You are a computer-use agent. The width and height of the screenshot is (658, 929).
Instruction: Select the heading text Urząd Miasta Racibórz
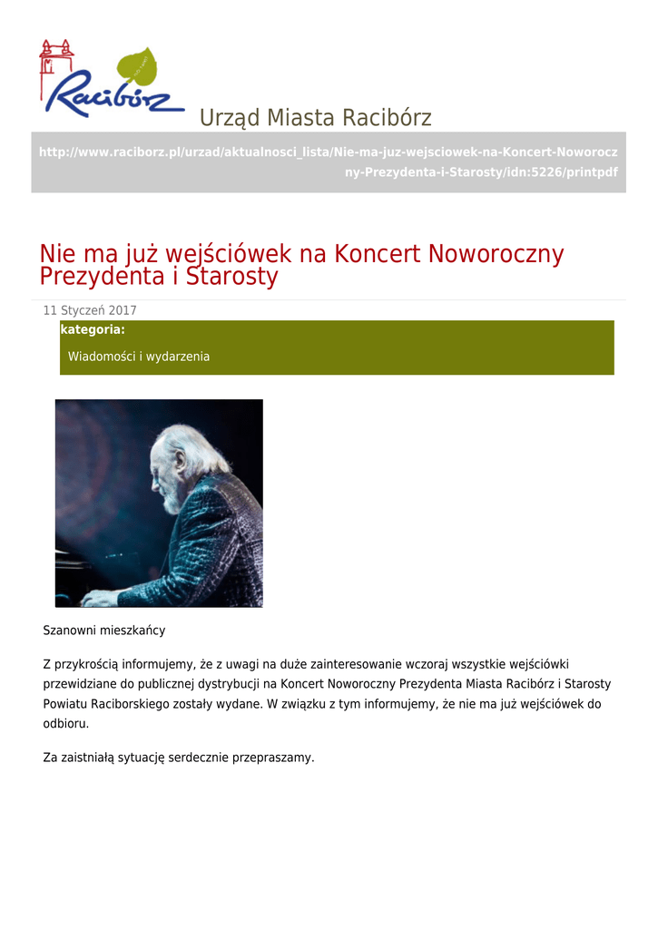point(315,118)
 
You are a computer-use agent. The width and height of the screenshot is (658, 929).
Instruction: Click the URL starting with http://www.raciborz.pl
point(328,161)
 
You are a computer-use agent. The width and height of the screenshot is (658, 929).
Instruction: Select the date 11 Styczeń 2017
point(90,310)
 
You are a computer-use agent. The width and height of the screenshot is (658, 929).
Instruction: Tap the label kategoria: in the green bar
point(93,329)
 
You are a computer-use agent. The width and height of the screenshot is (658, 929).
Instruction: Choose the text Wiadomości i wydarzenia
point(139,357)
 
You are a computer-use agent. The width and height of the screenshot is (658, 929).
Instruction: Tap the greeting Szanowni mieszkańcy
point(104,630)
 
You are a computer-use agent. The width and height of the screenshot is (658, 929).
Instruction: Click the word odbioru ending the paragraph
point(65,724)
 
